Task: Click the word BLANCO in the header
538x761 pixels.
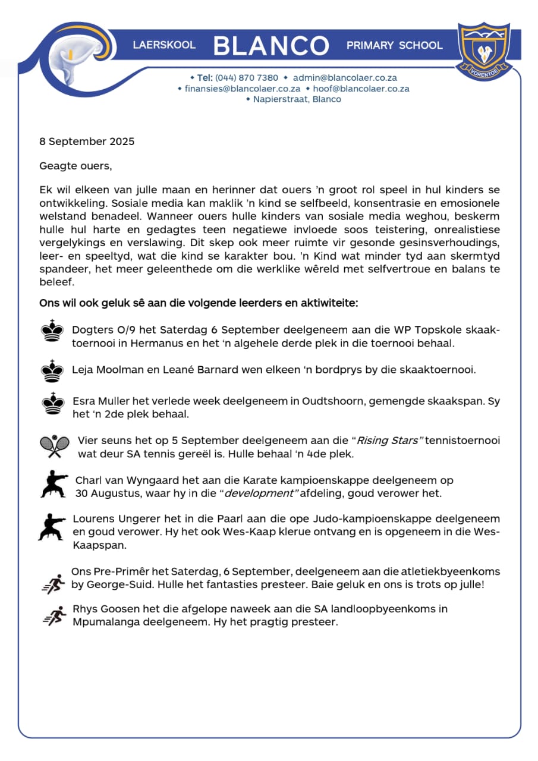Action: click(x=270, y=46)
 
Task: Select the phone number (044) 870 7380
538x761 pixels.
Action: click(x=246, y=78)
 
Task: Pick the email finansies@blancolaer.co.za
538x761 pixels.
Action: click(x=242, y=89)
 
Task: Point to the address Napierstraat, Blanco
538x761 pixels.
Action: click(x=297, y=99)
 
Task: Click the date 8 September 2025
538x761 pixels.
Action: click(x=87, y=141)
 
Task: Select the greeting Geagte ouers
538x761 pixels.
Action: click(x=75, y=166)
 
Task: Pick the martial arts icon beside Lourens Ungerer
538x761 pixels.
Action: click(x=52, y=526)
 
